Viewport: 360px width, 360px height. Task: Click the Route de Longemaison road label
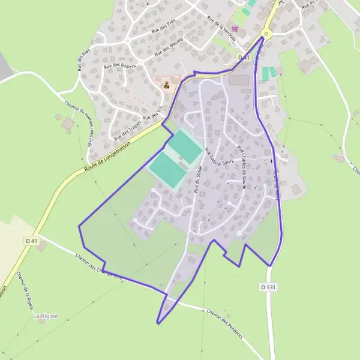click(x=110, y=155)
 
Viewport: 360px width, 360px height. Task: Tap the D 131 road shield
click(x=269, y=287)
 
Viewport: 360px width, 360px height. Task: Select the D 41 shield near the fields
click(x=32, y=241)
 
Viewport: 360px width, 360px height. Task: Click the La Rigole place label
click(x=45, y=316)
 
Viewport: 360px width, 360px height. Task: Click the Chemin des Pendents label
click(x=224, y=323)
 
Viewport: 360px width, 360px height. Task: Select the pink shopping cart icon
click(x=235, y=28)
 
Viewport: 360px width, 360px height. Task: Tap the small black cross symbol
click(x=271, y=161)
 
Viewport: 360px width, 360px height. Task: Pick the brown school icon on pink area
click(x=167, y=85)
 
